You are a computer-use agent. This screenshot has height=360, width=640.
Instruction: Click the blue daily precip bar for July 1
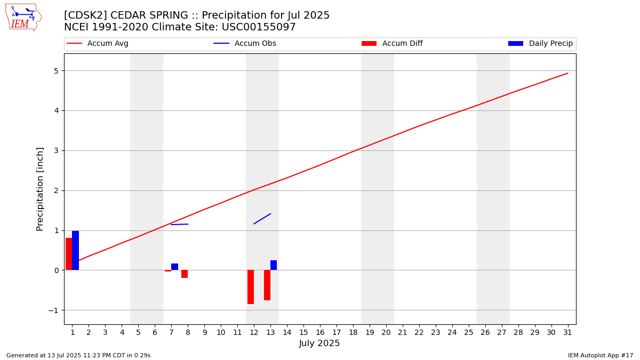tap(75, 250)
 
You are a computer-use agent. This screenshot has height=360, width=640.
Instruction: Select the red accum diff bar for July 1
tap(69, 254)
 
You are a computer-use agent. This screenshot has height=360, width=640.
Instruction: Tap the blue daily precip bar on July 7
tap(174, 267)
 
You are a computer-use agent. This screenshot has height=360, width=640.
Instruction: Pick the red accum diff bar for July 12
tap(251, 287)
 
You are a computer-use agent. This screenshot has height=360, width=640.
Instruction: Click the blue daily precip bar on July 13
tap(274, 265)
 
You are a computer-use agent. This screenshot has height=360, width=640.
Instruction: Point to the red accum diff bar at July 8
tap(185, 274)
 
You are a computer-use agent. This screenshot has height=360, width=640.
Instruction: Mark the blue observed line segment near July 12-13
tap(262, 219)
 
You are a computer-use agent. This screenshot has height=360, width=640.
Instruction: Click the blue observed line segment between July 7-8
tap(179, 225)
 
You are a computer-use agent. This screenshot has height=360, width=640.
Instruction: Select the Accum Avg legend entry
tap(98, 43)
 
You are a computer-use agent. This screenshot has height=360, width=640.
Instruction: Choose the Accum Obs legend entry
tap(245, 43)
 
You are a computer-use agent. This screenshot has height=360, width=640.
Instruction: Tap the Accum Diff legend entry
tap(392, 43)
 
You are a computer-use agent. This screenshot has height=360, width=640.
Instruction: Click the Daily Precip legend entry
tap(541, 43)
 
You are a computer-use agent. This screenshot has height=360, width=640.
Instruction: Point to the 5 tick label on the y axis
tap(57, 71)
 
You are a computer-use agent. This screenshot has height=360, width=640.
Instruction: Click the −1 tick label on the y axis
tap(53, 310)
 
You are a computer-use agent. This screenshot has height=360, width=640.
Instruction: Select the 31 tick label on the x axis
tap(567, 332)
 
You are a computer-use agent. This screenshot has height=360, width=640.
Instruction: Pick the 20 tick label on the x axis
tap(386, 332)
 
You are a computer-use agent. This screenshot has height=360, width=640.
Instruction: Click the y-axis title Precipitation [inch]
tap(39, 189)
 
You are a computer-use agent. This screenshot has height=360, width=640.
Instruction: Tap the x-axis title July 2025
tap(319, 343)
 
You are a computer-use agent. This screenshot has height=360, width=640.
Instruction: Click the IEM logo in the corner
tap(23, 18)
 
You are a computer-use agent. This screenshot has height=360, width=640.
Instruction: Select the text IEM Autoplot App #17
tap(601, 355)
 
